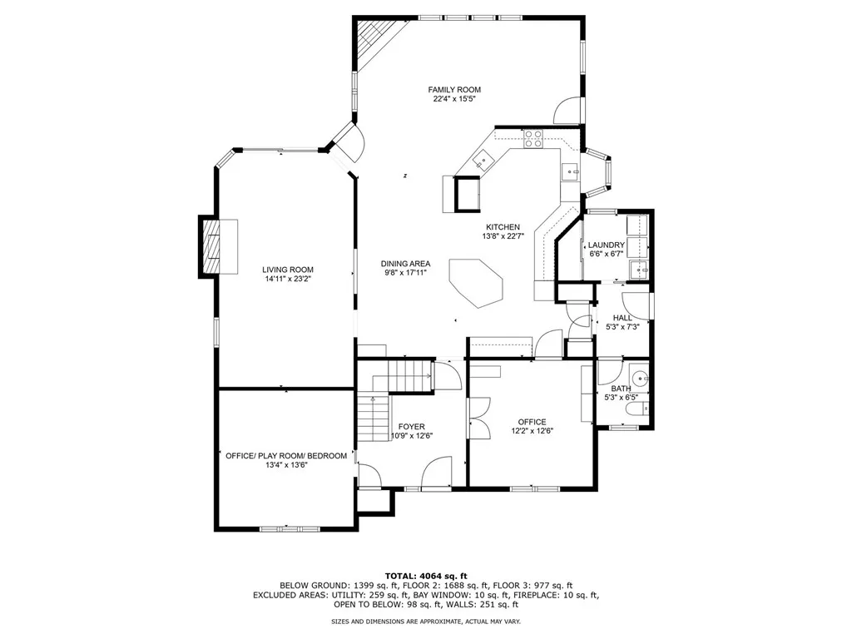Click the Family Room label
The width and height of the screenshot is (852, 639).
454,90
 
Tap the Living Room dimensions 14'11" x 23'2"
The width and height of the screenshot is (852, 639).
288,280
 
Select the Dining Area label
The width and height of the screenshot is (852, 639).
405,264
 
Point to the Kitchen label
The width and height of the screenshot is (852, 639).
503,227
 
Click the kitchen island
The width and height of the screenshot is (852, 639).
476,283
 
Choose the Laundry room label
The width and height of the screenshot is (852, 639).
606,245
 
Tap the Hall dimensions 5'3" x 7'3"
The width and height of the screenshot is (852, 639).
622,328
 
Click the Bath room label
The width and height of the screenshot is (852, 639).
621,389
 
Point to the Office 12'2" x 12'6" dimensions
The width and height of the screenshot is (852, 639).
532,431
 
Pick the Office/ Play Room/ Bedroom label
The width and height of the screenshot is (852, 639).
286,456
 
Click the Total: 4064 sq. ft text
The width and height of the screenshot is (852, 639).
426,576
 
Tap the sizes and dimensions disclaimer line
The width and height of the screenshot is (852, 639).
426,622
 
